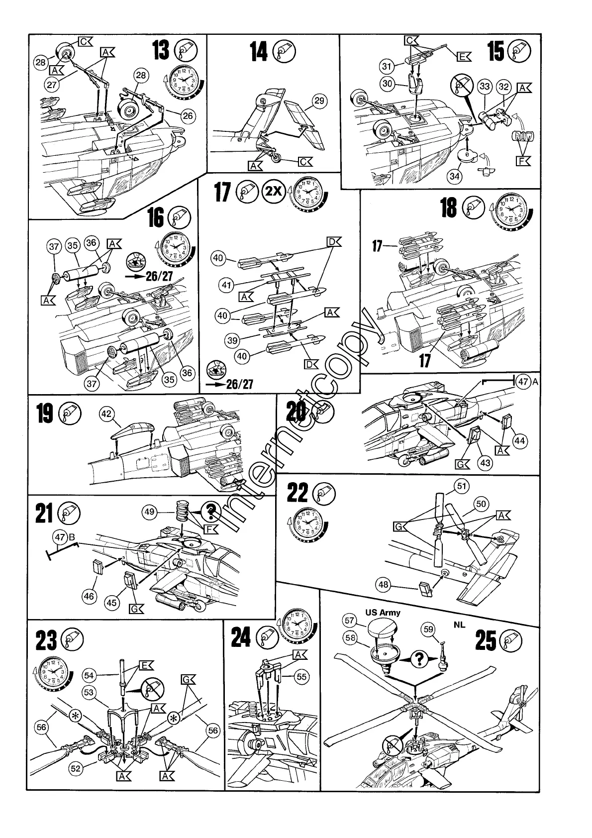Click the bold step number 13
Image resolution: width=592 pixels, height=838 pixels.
click(x=161, y=51)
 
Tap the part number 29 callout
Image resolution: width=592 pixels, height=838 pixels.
click(x=319, y=101)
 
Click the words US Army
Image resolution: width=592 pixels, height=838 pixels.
click(x=383, y=613)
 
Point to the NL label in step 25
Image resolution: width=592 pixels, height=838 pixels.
click(x=459, y=624)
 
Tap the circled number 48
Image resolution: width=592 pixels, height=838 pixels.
click(x=384, y=585)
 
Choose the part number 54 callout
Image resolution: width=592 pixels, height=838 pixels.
click(x=89, y=675)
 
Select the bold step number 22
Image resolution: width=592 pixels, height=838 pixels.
click(x=298, y=494)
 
